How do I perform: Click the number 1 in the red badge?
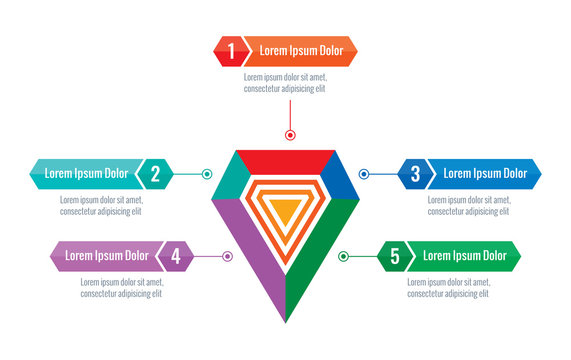tap(231, 50)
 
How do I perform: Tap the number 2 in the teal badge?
tap(155, 174)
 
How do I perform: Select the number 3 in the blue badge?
tap(415, 174)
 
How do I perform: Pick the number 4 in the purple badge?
tap(176, 256)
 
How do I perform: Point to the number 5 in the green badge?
tap(395, 257)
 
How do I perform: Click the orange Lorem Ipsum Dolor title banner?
tap(301, 50)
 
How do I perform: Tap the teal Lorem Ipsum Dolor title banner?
tap(86, 174)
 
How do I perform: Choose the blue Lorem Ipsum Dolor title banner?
tap(485, 174)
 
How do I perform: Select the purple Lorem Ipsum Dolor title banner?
tap(107, 256)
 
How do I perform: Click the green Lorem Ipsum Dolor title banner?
tap(464, 257)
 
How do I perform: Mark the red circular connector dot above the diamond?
tap(290, 134)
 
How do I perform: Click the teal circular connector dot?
tap(207, 174)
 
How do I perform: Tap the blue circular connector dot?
tap(364, 174)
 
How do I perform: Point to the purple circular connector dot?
tap(228, 256)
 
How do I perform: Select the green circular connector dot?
tap(343, 257)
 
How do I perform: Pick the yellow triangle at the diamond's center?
tap(285, 210)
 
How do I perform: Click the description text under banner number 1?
tap(285, 82)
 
